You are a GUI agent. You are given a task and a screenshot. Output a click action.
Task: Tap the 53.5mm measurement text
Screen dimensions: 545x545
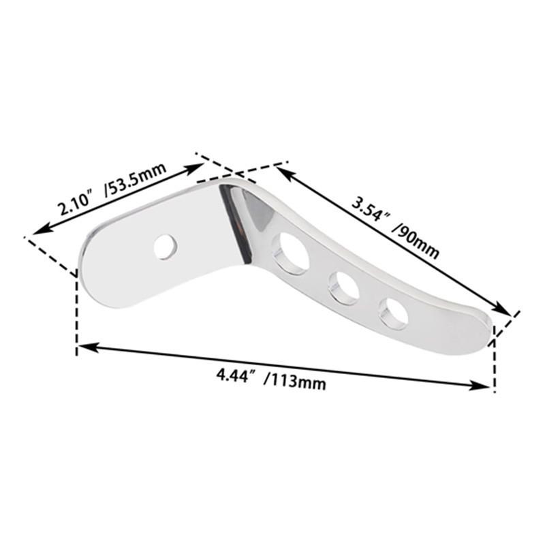click(136, 184)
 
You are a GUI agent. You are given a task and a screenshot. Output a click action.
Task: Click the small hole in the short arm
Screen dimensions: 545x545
click(166, 247)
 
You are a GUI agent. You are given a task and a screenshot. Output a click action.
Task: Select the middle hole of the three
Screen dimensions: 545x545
click(343, 287)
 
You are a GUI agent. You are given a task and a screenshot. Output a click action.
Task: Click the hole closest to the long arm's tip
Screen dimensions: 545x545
click(394, 313)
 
